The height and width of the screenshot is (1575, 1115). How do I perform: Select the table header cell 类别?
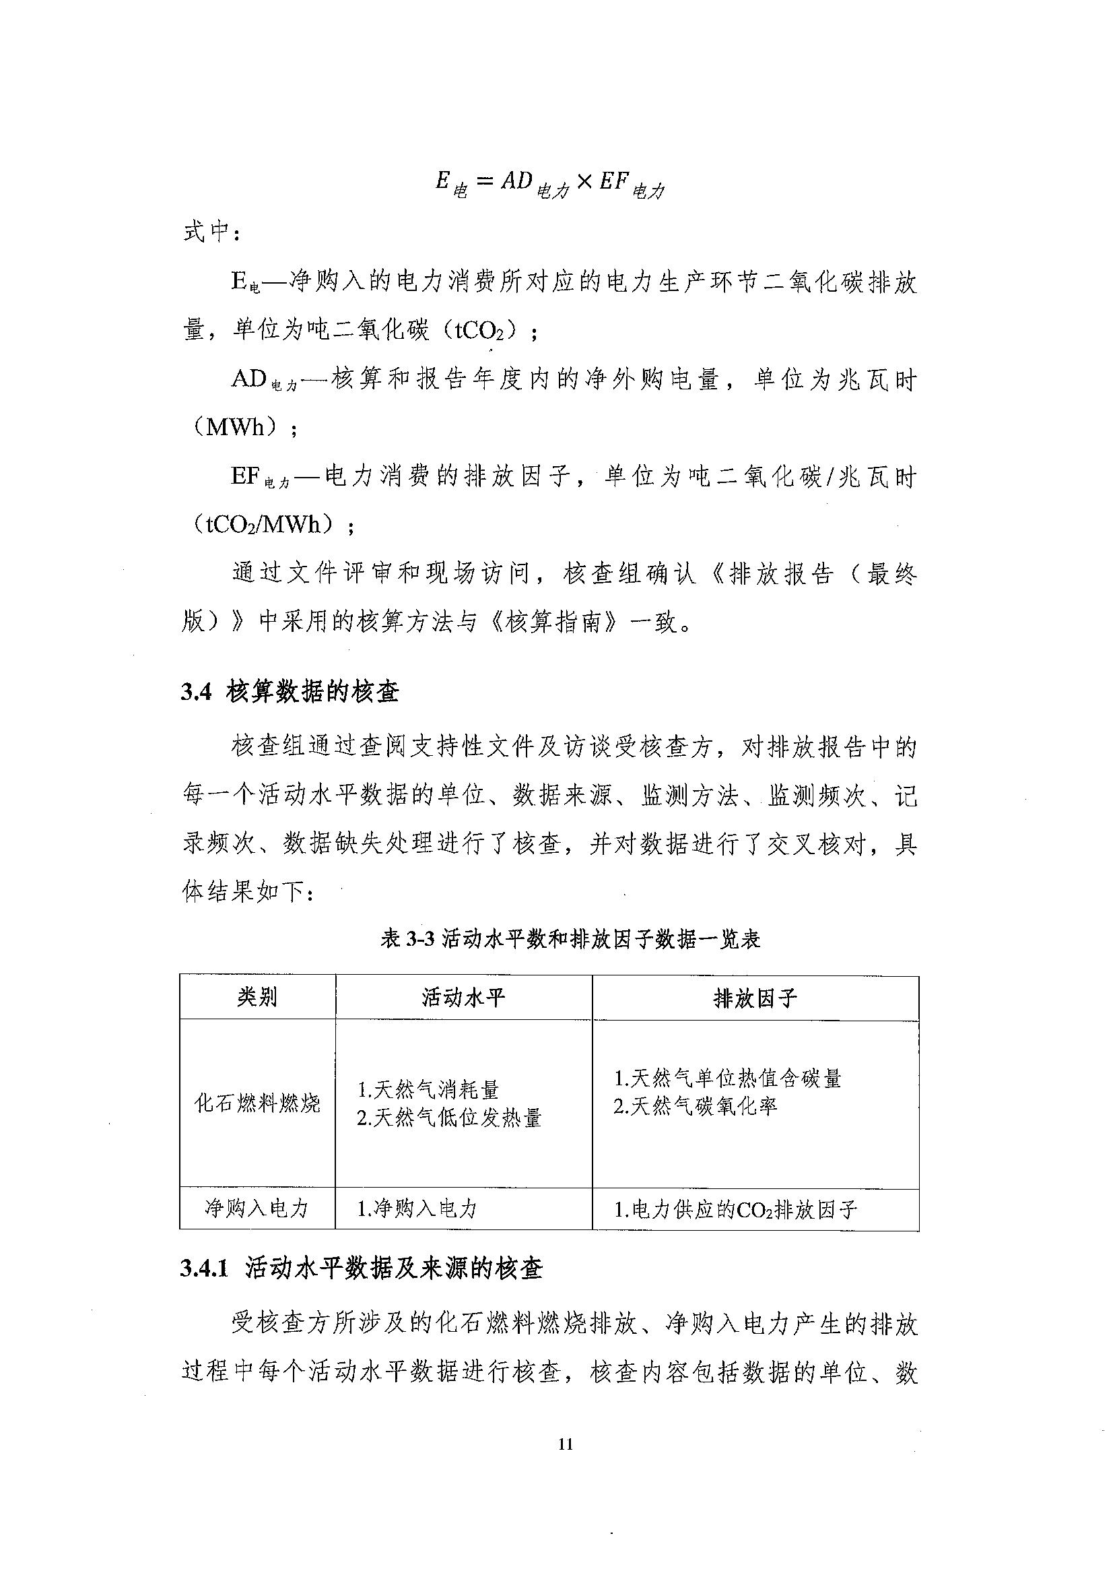tap(257, 996)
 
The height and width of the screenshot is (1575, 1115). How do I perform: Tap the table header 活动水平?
tap(463, 997)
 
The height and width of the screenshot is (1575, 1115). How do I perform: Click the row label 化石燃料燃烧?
tap(257, 1104)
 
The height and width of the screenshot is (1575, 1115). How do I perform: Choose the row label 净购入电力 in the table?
tap(257, 1209)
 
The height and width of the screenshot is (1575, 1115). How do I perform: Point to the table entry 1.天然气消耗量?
tap(428, 1089)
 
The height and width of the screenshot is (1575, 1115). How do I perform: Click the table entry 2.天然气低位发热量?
tap(449, 1118)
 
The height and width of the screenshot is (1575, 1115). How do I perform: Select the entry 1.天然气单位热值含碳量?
tap(727, 1079)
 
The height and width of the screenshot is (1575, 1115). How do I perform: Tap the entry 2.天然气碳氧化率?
tap(695, 1107)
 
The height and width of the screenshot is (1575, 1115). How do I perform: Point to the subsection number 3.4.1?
tap(204, 1268)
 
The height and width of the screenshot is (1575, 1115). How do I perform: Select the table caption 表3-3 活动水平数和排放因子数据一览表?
tap(570, 939)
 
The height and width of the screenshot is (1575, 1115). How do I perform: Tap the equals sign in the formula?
tap(485, 182)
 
